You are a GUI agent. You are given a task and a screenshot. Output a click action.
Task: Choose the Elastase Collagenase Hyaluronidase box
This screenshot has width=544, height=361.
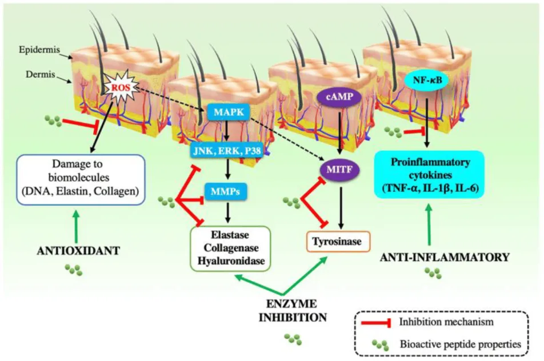230,247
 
